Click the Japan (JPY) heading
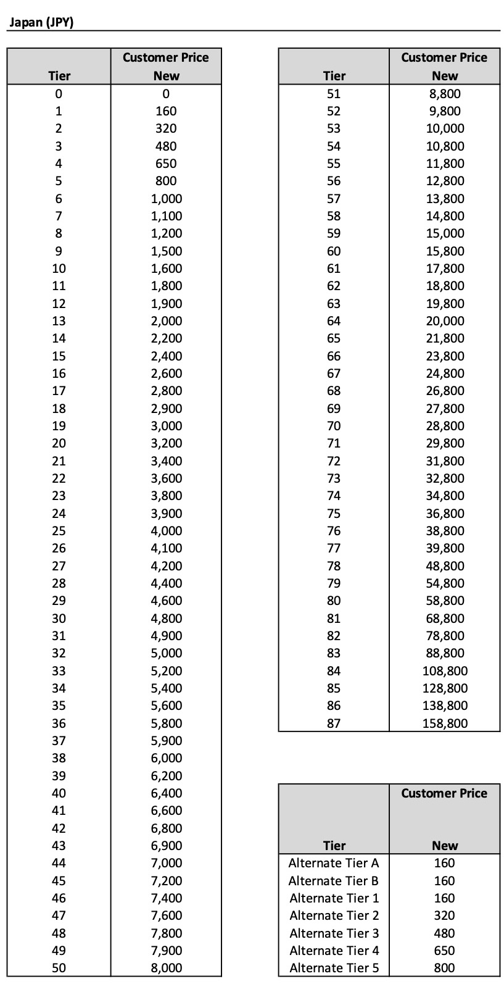[x=41, y=23]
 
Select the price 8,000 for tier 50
[x=166, y=968]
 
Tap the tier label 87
[x=334, y=723]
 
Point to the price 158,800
[x=444, y=723]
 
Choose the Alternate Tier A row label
[x=334, y=863]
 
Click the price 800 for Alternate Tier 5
[x=444, y=968]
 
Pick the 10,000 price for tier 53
[x=444, y=128]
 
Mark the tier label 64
[x=334, y=321]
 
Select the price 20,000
[x=444, y=321]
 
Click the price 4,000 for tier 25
[x=166, y=531]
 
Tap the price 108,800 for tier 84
[x=444, y=670]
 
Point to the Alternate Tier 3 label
[x=334, y=933]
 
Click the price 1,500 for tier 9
[x=166, y=251]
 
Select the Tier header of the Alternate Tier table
[x=334, y=845]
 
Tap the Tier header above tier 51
[x=334, y=76]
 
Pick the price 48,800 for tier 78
[x=444, y=566]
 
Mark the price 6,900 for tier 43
[x=166, y=846]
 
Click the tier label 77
[x=334, y=548]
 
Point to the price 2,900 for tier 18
[x=166, y=409]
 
